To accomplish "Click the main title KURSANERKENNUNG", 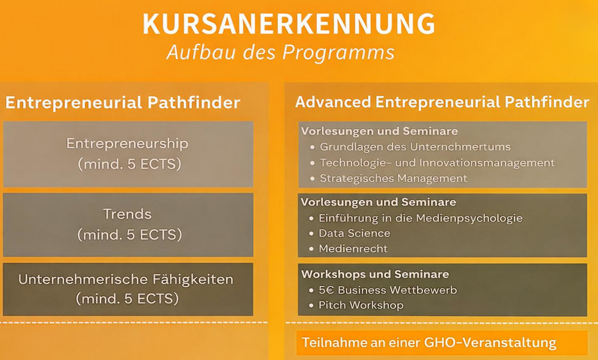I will coord(288,25).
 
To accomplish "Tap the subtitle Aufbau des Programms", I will coord(280,52).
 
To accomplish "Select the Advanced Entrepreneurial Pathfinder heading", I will coord(441,102).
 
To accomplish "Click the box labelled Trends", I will coord(128,224).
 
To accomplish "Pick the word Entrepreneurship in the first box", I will coord(127,143).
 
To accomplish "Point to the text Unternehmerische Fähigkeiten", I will coord(126,279).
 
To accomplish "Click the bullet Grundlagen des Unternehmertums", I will coord(415,147).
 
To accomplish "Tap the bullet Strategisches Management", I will coord(393,178).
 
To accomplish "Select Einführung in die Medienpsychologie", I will coord(420,218).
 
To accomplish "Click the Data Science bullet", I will coord(354,233).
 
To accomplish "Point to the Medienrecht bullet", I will coord(353,249).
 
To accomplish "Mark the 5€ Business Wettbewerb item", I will coord(388,290).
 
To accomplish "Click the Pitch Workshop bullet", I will coord(361,305).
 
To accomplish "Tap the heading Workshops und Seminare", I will coord(375,274).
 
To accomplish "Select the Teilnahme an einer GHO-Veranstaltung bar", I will coord(441,342).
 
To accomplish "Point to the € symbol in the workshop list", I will coord(330,290).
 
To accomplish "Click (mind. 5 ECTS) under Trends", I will coord(129,235).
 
